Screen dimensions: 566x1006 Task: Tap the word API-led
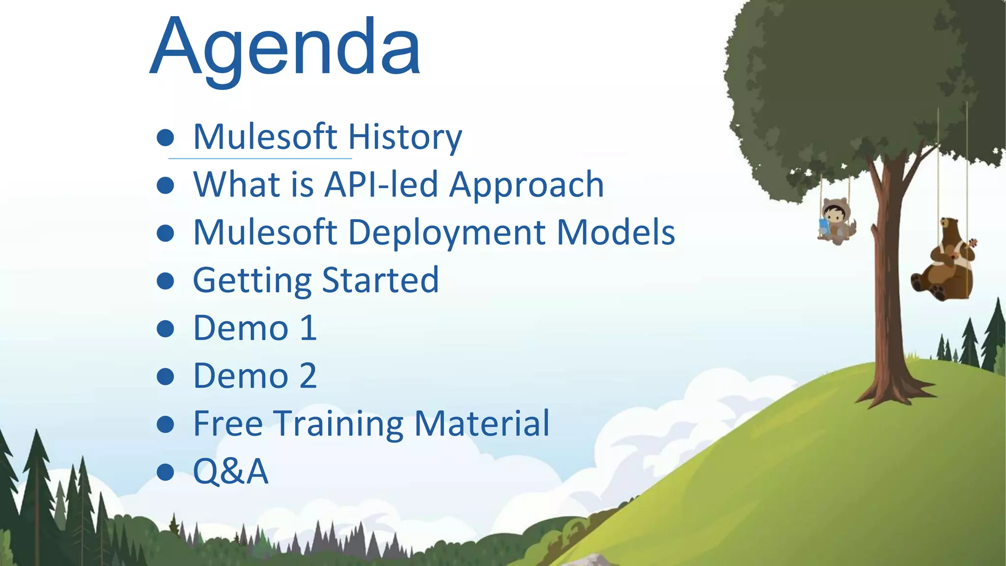tap(381, 185)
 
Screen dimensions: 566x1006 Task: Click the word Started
tap(380, 280)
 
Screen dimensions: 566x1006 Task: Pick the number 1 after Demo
tap(308, 328)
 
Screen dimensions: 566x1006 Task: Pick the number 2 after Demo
tap(308, 376)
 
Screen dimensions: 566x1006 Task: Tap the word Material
tap(482, 424)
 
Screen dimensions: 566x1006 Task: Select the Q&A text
tap(230, 471)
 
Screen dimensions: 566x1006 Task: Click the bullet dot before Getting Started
tap(166, 281)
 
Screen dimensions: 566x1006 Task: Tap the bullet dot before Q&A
tap(166, 472)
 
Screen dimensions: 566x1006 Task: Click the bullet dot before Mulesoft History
tap(166, 138)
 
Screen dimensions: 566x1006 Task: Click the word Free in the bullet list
tap(228, 424)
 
